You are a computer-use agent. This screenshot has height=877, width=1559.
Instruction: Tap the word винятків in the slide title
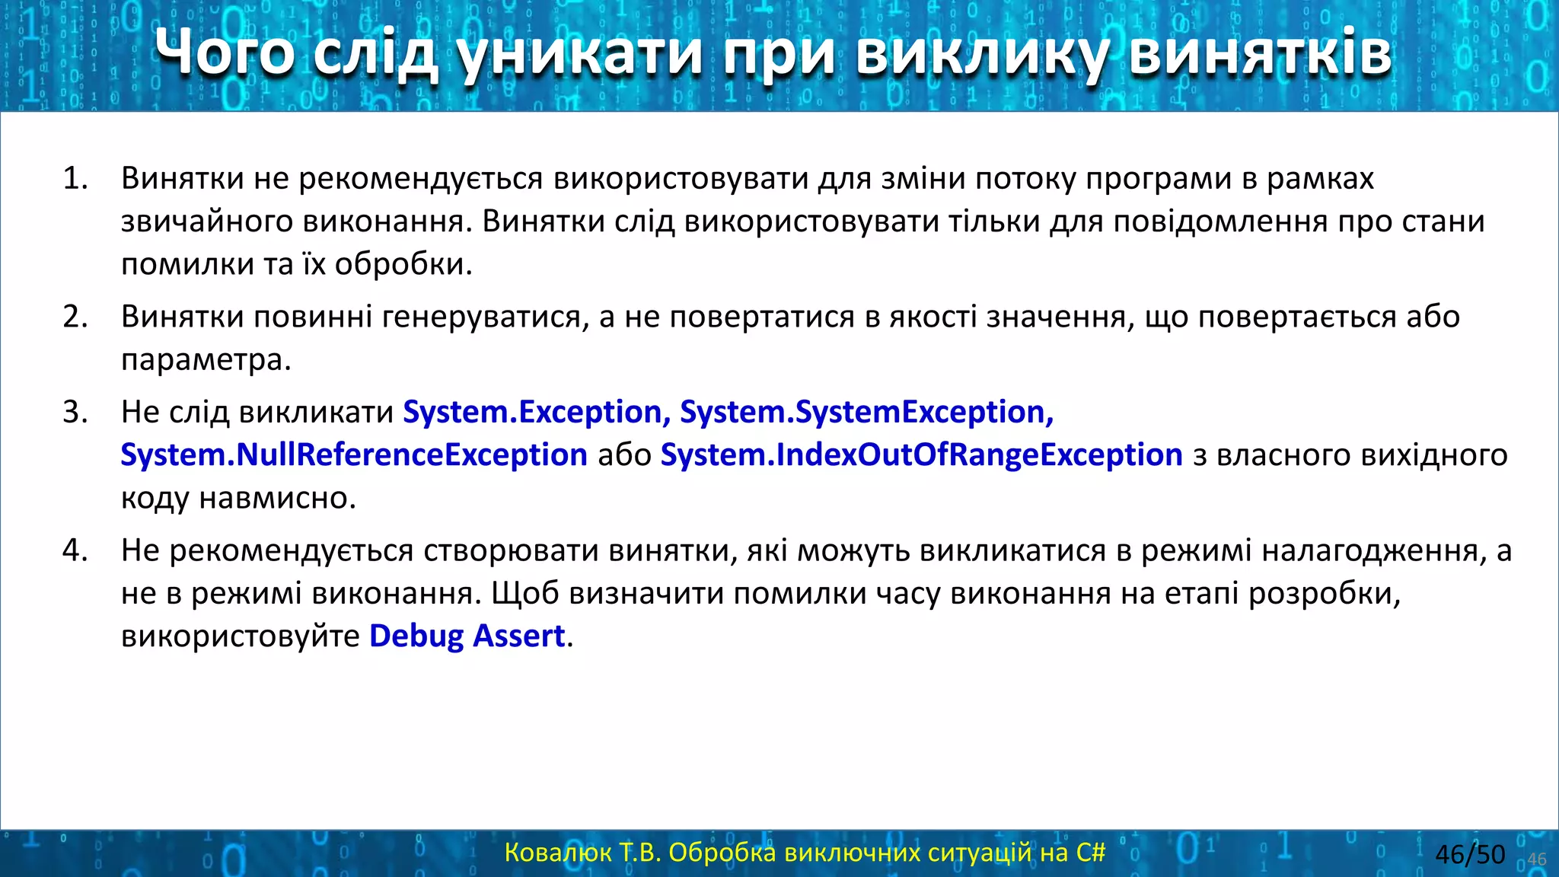click(1260, 55)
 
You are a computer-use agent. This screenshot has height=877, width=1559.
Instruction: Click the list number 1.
click(75, 178)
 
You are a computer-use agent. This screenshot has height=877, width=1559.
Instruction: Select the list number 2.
click(75, 317)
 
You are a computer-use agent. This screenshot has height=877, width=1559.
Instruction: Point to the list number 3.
click(75, 412)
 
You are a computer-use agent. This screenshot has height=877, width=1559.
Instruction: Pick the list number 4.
click(75, 550)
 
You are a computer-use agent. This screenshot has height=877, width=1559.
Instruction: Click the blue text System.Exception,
click(536, 412)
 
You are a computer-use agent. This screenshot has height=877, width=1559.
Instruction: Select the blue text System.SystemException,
click(866, 412)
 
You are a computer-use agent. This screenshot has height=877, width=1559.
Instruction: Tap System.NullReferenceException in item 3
click(354, 455)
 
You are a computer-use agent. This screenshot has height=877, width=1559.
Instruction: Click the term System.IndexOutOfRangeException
click(921, 455)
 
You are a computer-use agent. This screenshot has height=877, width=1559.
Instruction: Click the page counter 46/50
click(1469, 854)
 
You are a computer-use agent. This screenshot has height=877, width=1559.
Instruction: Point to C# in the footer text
click(1090, 853)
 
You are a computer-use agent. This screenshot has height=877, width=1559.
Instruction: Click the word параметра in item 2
click(206, 360)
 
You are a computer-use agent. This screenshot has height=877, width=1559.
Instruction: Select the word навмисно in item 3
click(277, 499)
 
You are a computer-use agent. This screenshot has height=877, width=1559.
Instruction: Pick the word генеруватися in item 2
click(485, 317)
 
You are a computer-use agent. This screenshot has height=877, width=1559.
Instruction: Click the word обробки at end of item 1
click(403, 265)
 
